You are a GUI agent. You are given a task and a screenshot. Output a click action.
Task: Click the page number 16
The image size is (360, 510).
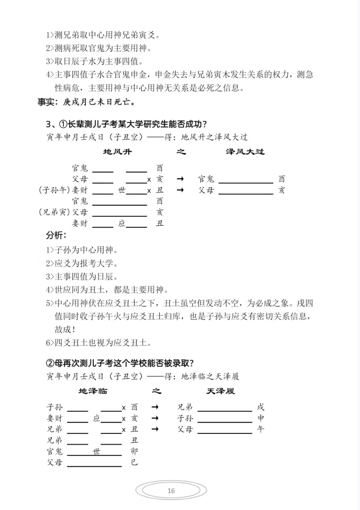171,491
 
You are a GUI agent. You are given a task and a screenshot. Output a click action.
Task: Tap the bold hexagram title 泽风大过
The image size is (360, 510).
245,152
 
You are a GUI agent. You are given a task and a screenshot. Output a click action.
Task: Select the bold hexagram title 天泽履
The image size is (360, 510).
221,391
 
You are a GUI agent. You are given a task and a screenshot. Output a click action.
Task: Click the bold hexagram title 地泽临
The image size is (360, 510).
93,391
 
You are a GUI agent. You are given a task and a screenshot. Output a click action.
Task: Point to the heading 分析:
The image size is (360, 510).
56,235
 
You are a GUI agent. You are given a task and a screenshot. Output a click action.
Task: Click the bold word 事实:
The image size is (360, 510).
49,102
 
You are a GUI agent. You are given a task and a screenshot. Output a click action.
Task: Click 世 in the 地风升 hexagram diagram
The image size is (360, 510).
122,190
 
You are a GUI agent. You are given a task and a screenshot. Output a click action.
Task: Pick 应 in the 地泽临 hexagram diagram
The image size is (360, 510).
97,418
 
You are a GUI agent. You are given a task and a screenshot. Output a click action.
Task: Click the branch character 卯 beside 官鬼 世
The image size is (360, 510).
134,451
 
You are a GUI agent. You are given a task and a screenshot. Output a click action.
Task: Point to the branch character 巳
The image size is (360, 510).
134,462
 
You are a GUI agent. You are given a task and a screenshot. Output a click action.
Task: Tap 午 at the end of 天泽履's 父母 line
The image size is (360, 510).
261,429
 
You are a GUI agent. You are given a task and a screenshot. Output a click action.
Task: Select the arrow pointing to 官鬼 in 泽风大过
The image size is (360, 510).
180,179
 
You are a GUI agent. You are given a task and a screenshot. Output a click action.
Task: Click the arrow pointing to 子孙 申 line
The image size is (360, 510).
155,418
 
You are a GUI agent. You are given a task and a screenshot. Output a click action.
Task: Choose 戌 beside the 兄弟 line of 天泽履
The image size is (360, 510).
261,407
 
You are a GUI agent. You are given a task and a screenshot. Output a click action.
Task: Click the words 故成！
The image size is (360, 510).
65,329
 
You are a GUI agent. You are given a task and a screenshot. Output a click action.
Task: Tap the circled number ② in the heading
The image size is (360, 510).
50,363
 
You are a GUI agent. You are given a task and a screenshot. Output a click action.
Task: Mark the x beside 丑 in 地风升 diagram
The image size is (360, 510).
149,191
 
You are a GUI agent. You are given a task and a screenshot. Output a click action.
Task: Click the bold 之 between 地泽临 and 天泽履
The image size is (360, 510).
156,391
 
